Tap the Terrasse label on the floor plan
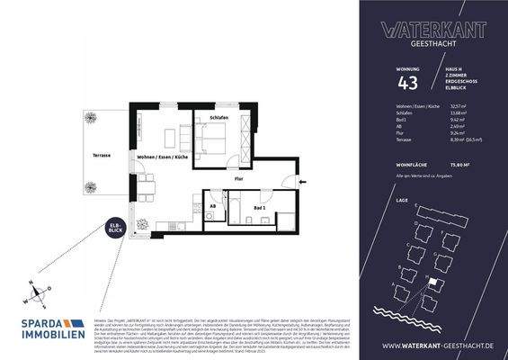(101, 156)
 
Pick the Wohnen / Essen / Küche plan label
(162, 157)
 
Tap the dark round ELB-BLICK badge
(116, 229)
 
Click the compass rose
(34, 292)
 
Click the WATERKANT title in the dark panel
(423, 28)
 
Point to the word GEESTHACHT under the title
(423, 40)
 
